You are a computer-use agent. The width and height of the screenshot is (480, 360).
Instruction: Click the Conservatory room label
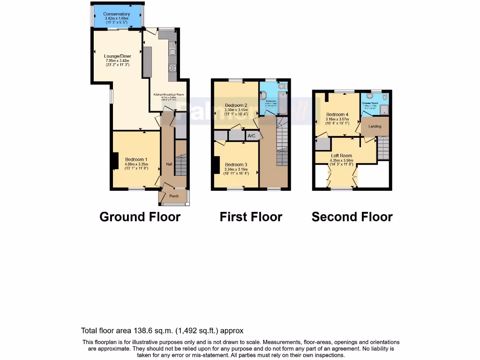pos(117,14)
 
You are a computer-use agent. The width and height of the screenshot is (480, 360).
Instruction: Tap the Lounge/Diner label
pos(118,56)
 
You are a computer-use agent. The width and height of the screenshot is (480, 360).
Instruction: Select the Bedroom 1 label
pos(136,159)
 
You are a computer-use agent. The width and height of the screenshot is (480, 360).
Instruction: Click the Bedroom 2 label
pos(236,105)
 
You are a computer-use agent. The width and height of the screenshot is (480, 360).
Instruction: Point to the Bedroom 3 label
pos(236,165)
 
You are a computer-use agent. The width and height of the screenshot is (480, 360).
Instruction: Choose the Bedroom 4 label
pos(337,115)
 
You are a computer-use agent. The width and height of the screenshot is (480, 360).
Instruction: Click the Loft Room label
pos(341,156)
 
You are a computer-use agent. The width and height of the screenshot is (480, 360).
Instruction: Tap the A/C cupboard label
pos(251,136)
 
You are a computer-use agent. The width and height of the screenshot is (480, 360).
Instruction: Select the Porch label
pos(174,196)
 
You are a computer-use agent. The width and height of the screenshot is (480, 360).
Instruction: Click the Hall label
pos(169,164)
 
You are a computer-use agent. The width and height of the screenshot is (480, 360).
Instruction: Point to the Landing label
pos(375,126)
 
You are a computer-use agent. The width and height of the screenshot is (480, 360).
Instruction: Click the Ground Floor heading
pos(140,217)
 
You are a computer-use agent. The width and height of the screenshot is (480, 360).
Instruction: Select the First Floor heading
pos(251,217)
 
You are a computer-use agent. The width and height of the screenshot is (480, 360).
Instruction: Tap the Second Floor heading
pos(352,217)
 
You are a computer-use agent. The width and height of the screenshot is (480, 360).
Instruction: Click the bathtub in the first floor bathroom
pos(283,103)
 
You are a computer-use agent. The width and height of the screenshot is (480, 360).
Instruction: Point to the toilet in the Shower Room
pos(384,97)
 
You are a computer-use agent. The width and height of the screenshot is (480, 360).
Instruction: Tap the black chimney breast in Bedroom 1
pos(115,161)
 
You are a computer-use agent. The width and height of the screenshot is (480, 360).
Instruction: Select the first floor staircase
pos(282,141)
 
